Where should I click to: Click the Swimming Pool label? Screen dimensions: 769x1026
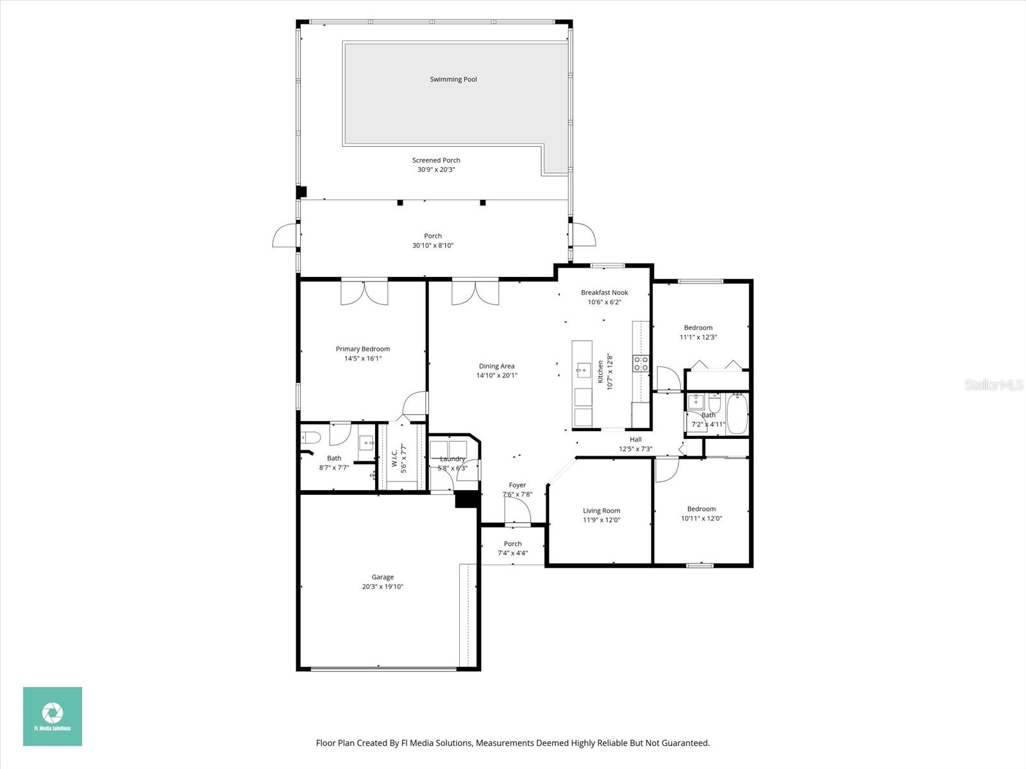[x=453, y=79]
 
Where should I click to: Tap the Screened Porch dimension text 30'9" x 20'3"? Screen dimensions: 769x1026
[x=436, y=170]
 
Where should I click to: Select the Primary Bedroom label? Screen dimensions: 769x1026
[x=363, y=349]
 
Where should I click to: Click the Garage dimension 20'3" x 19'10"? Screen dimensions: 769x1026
[x=383, y=587]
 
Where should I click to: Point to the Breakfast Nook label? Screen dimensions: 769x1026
[x=604, y=293]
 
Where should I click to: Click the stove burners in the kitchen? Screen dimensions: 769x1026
[x=641, y=364]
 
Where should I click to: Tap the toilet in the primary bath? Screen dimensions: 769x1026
[x=310, y=438]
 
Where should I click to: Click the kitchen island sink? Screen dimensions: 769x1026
[x=582, y=370]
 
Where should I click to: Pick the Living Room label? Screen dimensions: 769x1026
[x=601, y=511]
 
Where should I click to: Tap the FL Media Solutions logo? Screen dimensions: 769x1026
[x=53, y=716]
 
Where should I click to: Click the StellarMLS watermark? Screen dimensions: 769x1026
[x=995, y=385]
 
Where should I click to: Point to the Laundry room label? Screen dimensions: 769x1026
[x=453, y=459]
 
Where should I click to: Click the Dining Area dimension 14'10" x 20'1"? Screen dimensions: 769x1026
[x=497, y=376]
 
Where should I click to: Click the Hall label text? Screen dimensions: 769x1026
[x=635, y=440]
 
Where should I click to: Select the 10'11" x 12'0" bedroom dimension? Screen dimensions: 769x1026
[x=702, y=518]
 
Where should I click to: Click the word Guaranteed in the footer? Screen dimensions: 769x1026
[x=687, y=743]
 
